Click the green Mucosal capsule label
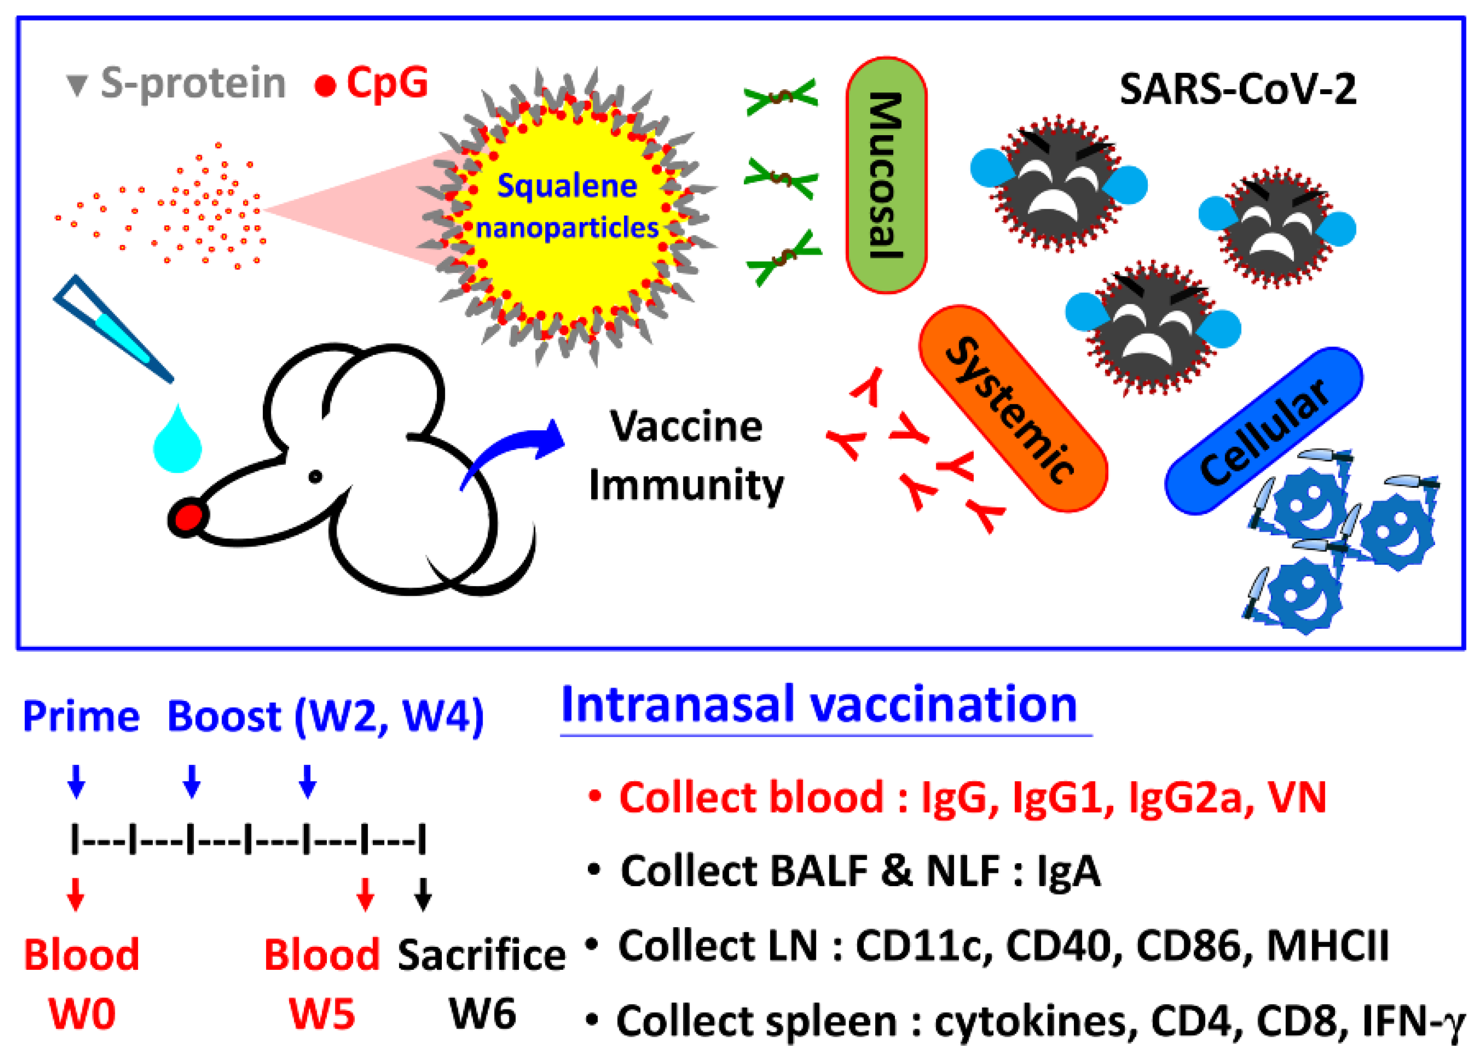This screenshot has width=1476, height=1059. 886,175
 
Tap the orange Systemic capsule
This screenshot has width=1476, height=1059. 1012,409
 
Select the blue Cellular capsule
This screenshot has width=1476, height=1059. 1263,430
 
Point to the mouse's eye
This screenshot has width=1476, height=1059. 316,477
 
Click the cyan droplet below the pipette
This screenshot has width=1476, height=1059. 177,441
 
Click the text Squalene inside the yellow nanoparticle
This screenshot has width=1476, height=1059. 567,187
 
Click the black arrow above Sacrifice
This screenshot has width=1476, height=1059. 423,894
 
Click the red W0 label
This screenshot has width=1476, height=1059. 82,1013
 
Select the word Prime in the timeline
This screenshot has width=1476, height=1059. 81,717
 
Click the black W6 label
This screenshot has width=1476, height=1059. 482,1013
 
